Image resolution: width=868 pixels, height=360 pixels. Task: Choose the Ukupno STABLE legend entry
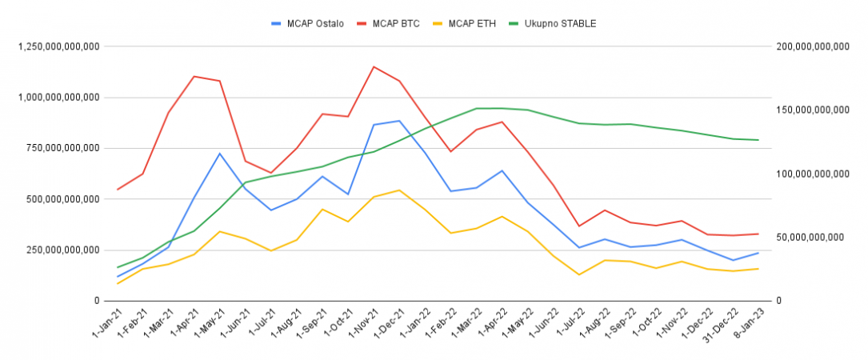pos(560,23)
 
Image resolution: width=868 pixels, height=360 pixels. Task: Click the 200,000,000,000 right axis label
pos(812,46)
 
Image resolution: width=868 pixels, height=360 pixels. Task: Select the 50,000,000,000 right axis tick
pos(810,237)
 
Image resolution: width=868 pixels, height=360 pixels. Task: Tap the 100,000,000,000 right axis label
pos(812,174)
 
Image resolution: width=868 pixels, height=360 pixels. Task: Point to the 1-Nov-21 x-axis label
pos(364,325)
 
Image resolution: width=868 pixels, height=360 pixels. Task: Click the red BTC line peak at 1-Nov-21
pos(374,66)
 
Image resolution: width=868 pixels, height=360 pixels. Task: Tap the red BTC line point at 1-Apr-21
pos(194,76)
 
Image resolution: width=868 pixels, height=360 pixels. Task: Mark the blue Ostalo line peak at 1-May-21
pos(220,153)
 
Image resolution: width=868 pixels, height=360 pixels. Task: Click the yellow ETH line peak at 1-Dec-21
pos(399,190)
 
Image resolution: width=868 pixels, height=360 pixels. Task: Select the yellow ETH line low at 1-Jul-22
pos(578,274)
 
